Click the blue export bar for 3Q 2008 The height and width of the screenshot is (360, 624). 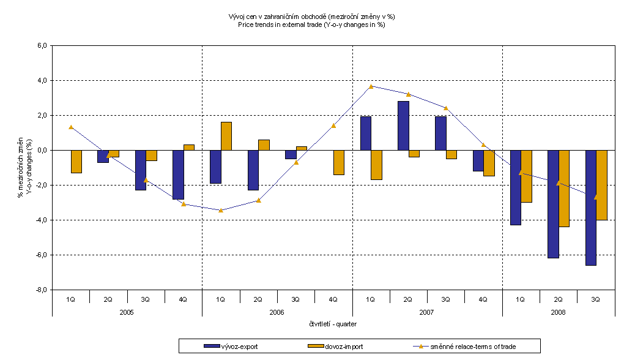(591, 208)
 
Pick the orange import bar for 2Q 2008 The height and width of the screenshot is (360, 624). (564, 189)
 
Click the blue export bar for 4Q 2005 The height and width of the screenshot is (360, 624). (178, 174)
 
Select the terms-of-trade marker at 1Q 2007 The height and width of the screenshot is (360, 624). (371, 86)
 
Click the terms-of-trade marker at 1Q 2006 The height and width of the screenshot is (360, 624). (221, 210)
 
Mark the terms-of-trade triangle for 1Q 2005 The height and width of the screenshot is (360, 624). (71, 127)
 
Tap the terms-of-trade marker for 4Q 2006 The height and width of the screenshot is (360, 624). (333, 126)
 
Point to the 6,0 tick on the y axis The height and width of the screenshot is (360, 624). (42, 46)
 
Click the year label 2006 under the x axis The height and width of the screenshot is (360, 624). (277, 312)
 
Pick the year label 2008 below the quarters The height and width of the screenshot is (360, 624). (558, 312)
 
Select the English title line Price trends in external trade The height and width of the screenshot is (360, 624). (311, 25)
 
